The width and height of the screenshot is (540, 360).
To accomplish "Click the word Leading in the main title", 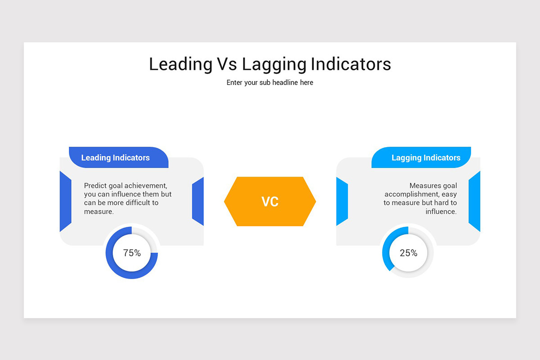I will pos(180,64).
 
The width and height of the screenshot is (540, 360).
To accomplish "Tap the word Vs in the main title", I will pos(227,64).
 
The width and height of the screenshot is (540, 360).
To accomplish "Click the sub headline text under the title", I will pos(270,82).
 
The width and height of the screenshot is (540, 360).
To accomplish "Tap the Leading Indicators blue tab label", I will pos(115,157).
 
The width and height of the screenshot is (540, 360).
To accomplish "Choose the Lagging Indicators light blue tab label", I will pos(426,157).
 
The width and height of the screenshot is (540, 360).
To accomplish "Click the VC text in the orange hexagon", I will pos(270,202).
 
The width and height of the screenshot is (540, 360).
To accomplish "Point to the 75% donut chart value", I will pos(132,253).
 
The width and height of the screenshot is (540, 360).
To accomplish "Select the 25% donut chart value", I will pos(408,253).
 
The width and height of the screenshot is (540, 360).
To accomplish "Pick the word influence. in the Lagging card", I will pos(441,211).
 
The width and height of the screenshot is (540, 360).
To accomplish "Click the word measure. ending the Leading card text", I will pos(99,211).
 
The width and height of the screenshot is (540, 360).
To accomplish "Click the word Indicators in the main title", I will pos(351,64).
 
